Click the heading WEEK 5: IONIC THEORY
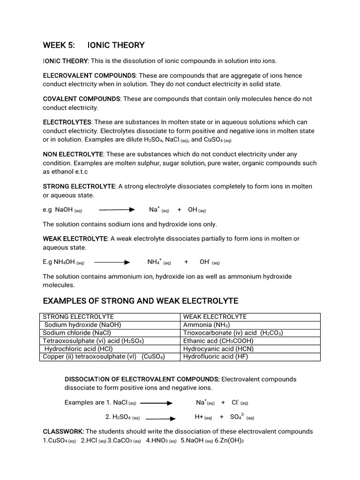tap(94, 45)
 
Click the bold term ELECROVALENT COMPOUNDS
tap(90, 75)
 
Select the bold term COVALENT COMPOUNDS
tap(82, 99)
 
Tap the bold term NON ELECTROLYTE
tap(73, 154)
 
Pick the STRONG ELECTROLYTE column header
tap(78, 317)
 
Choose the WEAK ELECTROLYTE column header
tap(215, 317)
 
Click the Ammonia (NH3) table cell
tap(206, 325)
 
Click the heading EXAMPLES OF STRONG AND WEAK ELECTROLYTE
tap(141, 300)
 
